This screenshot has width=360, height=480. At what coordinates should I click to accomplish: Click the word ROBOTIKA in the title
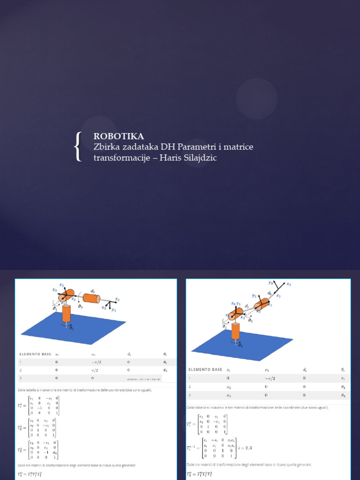click(x=119, y=136)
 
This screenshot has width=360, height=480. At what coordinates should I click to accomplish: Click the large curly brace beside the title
click(x=79, y=147)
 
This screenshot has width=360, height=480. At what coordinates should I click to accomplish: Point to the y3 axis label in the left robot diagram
click(x=113, y=310)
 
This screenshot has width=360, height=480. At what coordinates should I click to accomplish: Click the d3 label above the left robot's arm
click(x=93, y=291)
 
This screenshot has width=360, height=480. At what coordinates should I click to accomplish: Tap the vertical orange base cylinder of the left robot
click(x=67, y=314)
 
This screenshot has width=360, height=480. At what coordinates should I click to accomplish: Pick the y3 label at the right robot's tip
click(x=270, y=283)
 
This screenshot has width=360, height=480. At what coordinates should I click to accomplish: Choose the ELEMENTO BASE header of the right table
click(x=205, y=369)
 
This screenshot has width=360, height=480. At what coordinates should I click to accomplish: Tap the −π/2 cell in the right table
click(x=270, y=378)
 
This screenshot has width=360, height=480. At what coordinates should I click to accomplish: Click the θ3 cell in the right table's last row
click(x=343, y=396)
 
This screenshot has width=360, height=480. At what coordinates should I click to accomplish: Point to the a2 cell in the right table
click(x=228, y=387)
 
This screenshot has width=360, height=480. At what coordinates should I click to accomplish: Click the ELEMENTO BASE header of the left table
click(x=36, y=354)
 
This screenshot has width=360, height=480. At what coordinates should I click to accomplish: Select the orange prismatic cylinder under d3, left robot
click(x=92, y=299)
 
